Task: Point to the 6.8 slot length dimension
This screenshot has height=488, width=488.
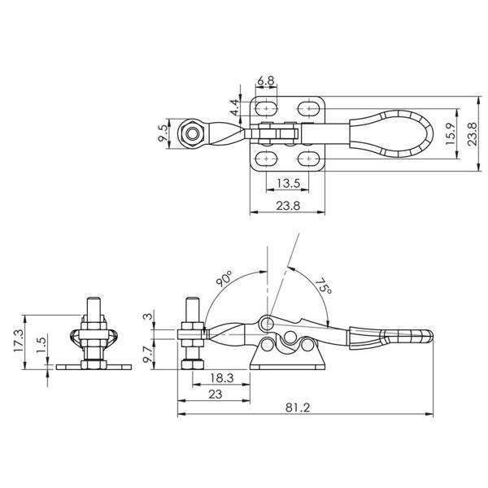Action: tap(265, 81)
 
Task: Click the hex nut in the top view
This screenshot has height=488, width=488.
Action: tap(191, 132)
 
